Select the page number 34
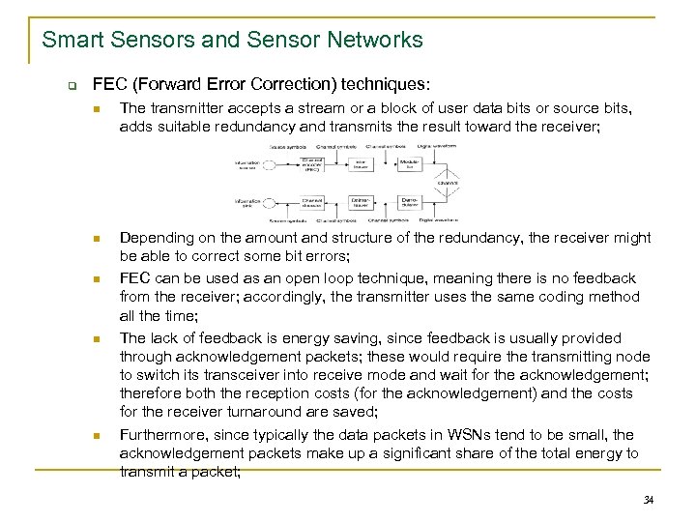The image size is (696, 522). [x=648, y=500]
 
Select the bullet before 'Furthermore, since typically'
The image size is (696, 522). [x=97, y=435]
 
